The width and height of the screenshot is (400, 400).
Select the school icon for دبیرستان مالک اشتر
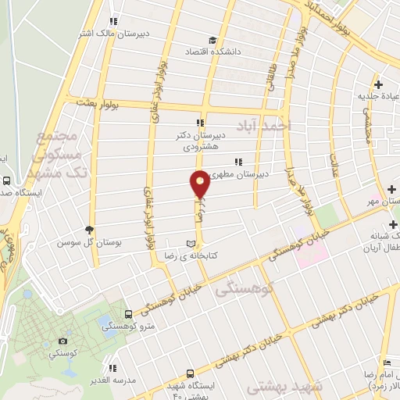tap(114, 21)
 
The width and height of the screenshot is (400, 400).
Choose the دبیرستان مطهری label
tap(241, 174)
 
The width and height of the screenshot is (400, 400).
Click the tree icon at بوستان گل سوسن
tap(89, 230)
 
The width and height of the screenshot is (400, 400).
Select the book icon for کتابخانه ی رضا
tap(191, 243)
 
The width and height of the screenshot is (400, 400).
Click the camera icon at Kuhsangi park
tap(62, 341)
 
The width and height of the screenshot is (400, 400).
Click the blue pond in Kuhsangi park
tap(105, 321)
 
